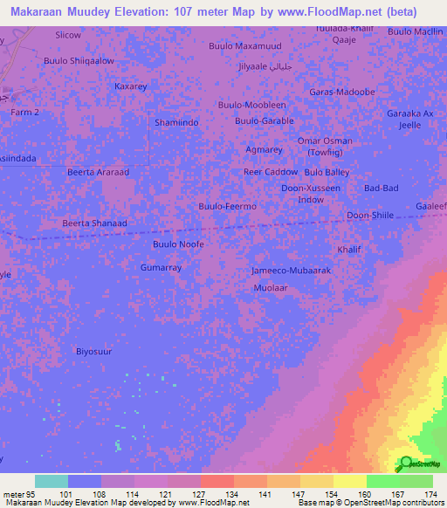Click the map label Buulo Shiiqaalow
click(x=79, y=61)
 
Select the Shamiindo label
click(x=176, y=122)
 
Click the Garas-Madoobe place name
click(x=342, y=92)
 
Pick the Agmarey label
click(x=264, y=149)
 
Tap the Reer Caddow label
click(x=270, y=172)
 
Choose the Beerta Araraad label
click(x=98, y=172)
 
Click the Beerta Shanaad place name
click(x=94, y=223)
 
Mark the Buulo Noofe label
click(x=178, y=244)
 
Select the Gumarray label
click(x=161, y=267)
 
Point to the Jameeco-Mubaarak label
click(x=291, y=271)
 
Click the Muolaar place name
click(x=269, y=287)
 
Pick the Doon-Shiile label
click(x=370, y=216)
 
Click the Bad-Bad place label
click(x=382, y=189)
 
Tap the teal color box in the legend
click(x=52, y=481)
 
